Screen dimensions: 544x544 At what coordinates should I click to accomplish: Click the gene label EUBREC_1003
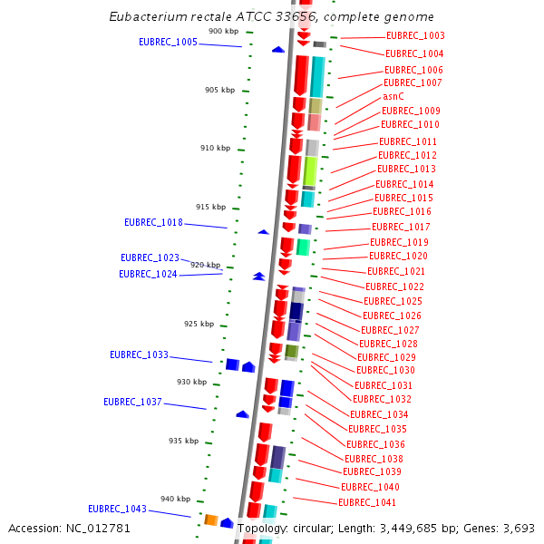(x=415, y=36)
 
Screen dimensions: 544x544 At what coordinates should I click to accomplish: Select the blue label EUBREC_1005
(x=168, y=42)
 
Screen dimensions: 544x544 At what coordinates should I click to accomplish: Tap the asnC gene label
(x=393, y=96)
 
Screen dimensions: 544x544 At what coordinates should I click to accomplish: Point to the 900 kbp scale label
(x=223, y=32)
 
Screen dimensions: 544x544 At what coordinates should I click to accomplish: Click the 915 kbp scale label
(x=210, y=207)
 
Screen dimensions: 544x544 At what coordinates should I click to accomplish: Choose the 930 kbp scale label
(x=191, y=382)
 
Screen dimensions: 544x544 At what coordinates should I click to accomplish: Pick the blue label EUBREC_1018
(x=153, y=222)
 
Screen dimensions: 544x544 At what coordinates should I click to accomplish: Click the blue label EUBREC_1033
(x=139, y=355)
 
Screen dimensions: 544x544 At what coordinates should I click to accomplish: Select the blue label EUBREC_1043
(x=117, y=509)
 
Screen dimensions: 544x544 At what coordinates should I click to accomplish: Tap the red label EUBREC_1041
(x=367, y=502)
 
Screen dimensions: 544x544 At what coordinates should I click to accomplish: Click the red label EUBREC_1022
(x=394, y=287)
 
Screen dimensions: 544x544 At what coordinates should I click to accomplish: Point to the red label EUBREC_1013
(x=406, y=169)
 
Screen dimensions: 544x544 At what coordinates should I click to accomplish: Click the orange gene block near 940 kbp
(x=210, y=520)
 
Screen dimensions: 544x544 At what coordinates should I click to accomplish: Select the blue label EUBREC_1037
(x=132, y=402)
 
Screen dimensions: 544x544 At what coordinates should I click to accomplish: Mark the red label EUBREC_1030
(x=385, y=370)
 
